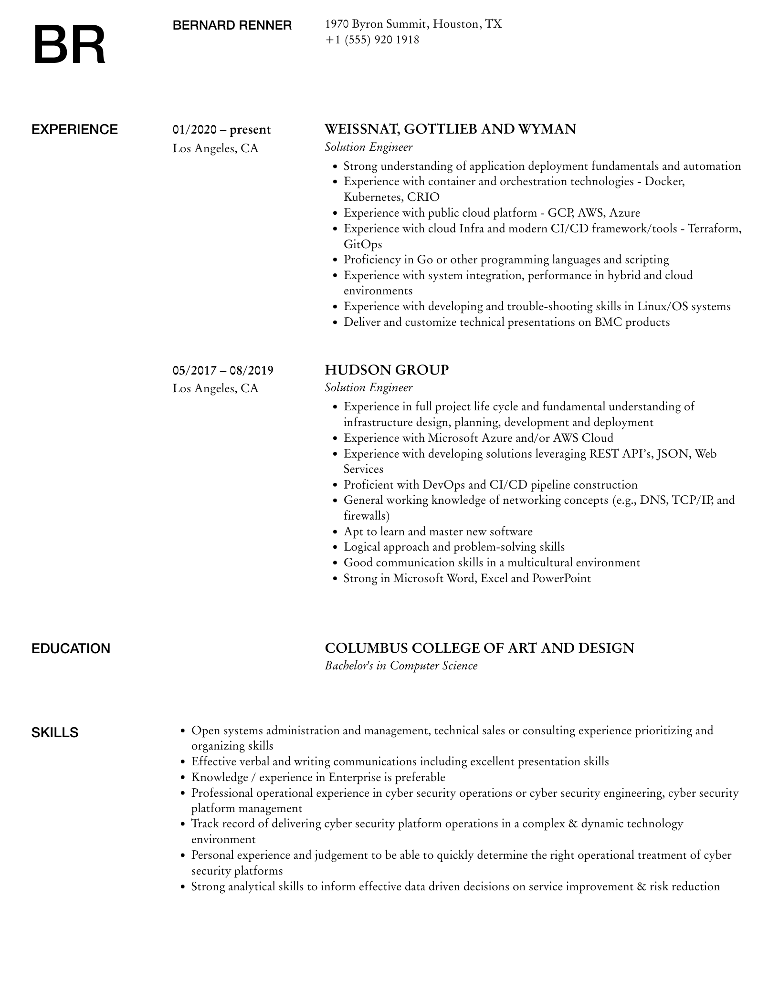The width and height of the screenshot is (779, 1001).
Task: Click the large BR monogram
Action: click(70, 45)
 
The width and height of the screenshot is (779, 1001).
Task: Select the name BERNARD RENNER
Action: click(232, 25)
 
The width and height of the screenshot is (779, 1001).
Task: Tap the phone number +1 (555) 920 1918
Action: click(372, 40)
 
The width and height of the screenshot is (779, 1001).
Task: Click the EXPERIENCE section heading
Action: click(74, 130)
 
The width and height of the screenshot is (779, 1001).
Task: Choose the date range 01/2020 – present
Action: click(221, 130)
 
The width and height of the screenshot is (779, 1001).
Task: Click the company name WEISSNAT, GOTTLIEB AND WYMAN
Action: click(450, 129)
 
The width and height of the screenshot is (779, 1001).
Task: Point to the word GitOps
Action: click(363, 244)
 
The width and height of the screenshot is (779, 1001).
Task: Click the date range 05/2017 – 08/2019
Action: click(223, 370)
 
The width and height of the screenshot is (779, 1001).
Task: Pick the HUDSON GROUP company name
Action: click(387, 370)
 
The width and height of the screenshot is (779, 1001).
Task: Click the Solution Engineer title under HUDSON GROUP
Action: click(368, 387)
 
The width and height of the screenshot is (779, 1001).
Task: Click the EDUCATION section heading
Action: click(71, 649)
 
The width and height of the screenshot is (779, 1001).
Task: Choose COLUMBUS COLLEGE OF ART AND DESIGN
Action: click(479, 648)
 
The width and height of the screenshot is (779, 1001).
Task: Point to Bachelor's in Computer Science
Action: click(401, 666)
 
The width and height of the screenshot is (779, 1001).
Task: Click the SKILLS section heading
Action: click(55, 733)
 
